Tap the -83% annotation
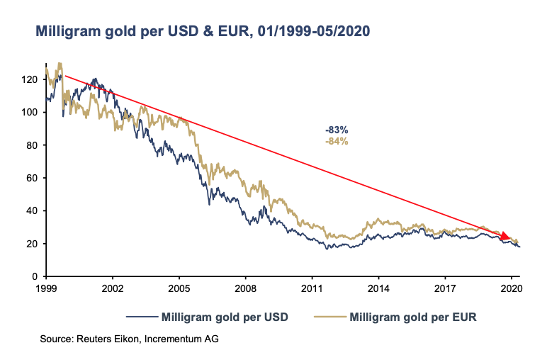point(337,130)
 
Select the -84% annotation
point(337,141)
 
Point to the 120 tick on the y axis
point(30,79)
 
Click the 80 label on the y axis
point(33,145)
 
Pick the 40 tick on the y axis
point(33,211)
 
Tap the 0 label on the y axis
point(35,276)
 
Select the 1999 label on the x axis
point(46,289)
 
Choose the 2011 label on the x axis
point(312,289)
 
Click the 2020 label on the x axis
point(511,289)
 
